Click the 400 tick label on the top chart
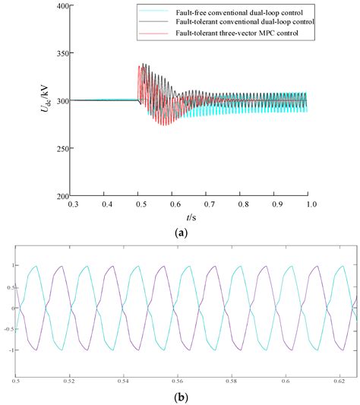(x=60, y=6)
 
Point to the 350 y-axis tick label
(x=60, y=53)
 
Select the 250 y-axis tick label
(x=60, y=148)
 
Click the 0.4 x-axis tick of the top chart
(x=106, y=204)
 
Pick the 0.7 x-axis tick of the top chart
(x=207, y=204)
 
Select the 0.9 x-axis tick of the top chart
(x=275, y=204)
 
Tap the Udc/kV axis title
(x=47, y=100)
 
